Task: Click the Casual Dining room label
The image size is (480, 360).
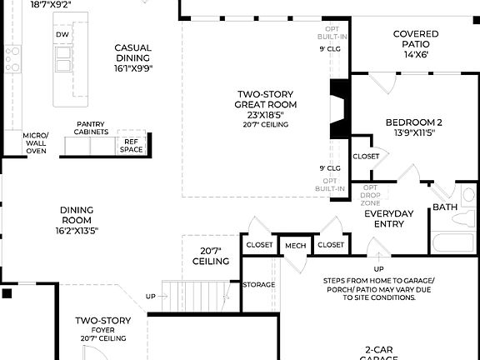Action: [132, 53]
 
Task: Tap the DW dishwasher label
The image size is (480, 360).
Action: [62, 35]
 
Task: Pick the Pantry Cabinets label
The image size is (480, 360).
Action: [92, 128]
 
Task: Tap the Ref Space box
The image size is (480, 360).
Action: [131, 146]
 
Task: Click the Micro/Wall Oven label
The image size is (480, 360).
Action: [36, 141]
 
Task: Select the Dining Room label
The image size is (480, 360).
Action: [77, 214]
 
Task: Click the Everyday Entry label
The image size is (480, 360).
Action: [389, 218]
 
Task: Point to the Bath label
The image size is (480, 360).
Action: [444, 207]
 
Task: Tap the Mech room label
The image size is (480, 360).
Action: [295, 245]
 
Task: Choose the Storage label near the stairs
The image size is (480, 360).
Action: [258, 285]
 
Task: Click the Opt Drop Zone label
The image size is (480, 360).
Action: [370, 195]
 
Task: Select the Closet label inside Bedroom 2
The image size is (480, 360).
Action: [366, 156]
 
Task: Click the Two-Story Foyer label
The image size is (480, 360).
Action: [103, 325]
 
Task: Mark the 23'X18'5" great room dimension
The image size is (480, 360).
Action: [266, 115]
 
